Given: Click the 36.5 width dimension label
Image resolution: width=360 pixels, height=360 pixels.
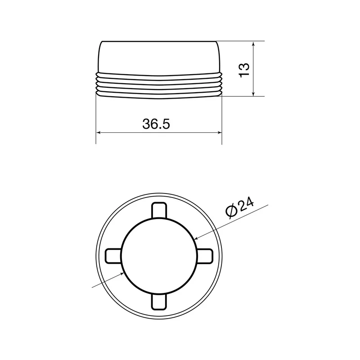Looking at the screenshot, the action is (156, 124).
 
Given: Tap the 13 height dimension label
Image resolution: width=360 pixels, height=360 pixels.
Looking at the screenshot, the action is (244, 70).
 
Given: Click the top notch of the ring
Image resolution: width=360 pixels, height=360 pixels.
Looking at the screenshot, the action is (159, 211).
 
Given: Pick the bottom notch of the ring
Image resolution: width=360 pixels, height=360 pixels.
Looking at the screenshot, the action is (159, 301).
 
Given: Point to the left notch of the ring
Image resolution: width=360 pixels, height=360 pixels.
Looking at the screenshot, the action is (113, 256).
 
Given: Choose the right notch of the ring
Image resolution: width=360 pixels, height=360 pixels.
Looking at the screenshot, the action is (205, 256).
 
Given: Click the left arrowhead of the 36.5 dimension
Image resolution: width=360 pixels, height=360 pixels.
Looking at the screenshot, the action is (99, 132).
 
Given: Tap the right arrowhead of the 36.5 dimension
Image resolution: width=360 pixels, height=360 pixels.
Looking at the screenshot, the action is (219, 132).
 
